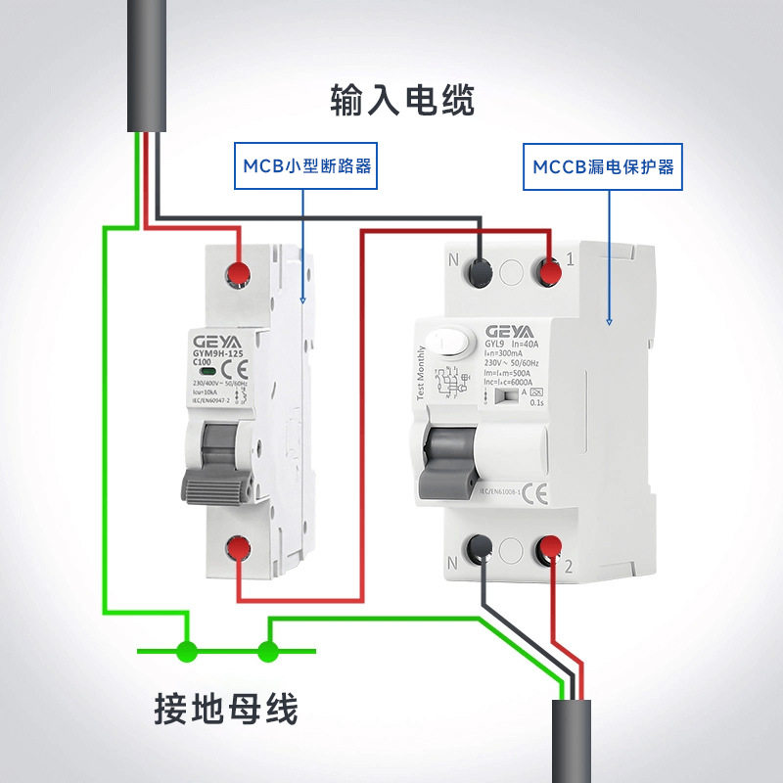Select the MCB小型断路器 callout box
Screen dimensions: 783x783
(303, 166)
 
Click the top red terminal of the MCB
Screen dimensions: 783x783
(238, 273)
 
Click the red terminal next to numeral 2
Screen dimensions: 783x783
(549, 551)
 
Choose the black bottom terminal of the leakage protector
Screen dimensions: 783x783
(482, 551)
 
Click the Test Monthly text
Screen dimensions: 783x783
(421, 374)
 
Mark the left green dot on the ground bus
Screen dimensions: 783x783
(187, 649)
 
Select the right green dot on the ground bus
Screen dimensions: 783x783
(267, 649)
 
